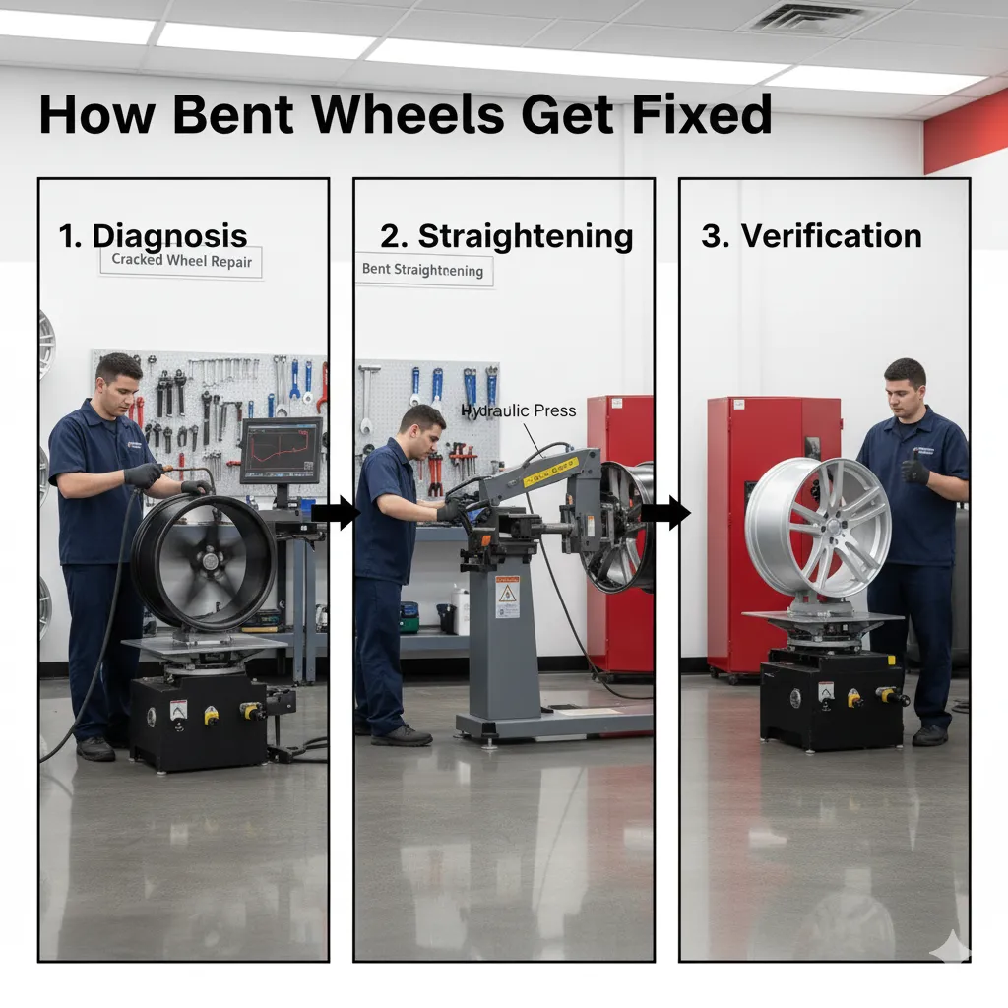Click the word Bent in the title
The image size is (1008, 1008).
click(230, 115)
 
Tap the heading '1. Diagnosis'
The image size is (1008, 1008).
click(153, 236)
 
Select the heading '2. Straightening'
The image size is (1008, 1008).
click(506, 236)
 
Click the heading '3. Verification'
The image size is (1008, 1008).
click(811, 236)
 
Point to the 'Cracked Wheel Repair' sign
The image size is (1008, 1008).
click(181, 261)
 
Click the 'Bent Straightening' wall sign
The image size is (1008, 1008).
click(422, 270)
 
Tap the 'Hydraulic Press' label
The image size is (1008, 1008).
click(518, 410)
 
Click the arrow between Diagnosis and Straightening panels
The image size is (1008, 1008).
click(335, 512)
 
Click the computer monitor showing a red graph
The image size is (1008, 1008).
click(281, 451)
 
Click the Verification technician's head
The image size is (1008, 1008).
click(905, 385)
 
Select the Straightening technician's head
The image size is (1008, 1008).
click(422, 430)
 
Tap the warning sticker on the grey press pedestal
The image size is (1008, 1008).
click(507, 596)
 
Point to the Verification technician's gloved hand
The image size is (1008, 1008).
click(915, 471)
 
